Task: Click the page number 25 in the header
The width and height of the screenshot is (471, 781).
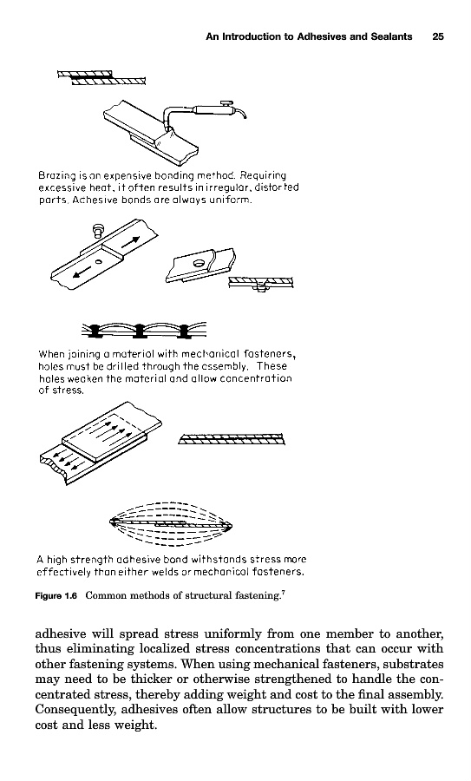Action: (x=438, y=36)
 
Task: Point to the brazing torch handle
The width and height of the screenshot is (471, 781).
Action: (x=211, y=108)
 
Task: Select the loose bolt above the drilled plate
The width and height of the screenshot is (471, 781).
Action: (x=97, y=231)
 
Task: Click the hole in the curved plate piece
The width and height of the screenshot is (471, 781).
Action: (x=200, y=261)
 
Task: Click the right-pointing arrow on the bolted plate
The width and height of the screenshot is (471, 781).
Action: (x=130, y=241)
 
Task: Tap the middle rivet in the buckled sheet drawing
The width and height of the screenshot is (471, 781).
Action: (x=140, y=331)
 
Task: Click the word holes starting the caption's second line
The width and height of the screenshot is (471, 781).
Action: (x=51, y=366)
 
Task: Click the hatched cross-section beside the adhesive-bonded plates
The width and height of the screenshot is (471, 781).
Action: (x=232, y=439)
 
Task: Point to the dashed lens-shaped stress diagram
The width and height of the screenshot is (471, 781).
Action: (x=171, y=524)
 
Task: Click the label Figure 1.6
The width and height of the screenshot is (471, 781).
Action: (x=56, y=595)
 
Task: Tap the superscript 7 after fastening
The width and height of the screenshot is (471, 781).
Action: (x=283, y=592)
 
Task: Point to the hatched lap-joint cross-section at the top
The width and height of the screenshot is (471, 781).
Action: (x=101, y=78)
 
